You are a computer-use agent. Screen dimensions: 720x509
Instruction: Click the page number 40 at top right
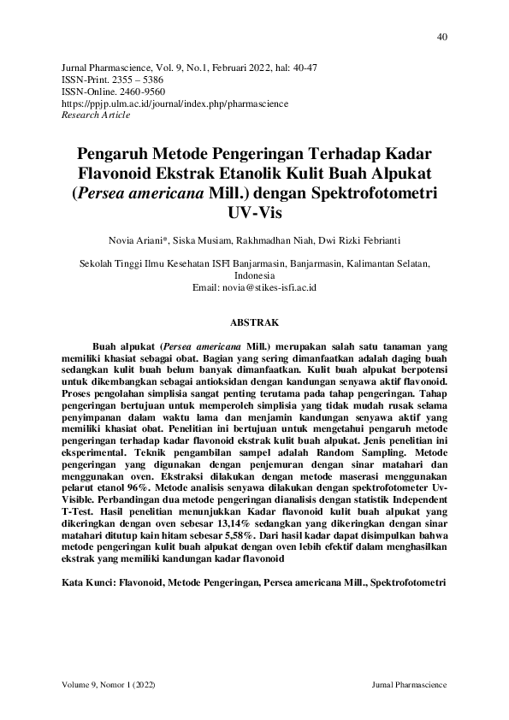pyautogui.click(x=441, y=36)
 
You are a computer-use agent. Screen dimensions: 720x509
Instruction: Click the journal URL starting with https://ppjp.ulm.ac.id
pyautogui.click(x=175, y=103)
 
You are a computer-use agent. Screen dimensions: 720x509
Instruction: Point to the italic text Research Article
pyautogui.click(x=97, y=115)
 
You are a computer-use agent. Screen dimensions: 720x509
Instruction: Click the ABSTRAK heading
pyautogui.click(x=254, y=324)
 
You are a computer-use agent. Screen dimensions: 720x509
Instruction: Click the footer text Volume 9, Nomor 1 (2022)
pyautogui.click(x=109, y=687)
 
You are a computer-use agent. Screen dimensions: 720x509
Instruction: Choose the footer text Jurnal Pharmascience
pyautogui.click(x=411, y=687)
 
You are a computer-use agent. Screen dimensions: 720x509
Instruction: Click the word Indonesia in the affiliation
pyautogui.click(x=254, y=276)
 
